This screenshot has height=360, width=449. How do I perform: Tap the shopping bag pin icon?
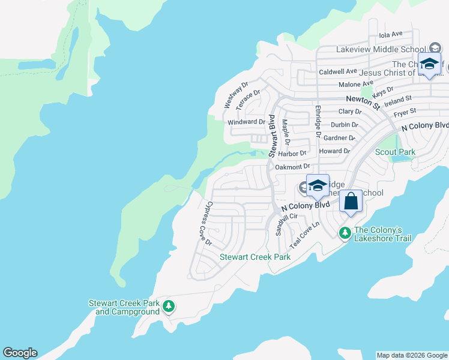(351, 202)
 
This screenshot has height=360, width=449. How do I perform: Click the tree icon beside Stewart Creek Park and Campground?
(169, 307)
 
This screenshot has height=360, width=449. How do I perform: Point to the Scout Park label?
(395, 152)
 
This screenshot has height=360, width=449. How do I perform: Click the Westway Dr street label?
(236, 95)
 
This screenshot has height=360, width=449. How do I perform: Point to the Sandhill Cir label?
(286, 224)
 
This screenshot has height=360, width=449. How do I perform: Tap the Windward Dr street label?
(246, 122)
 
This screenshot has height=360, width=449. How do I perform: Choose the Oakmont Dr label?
(292, 167)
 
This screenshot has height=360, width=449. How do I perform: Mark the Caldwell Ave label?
(338, 71)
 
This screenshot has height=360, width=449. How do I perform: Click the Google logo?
(20, 353)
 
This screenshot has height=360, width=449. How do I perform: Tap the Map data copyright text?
(412, 355)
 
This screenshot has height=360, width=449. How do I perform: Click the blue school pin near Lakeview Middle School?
(429, 65)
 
